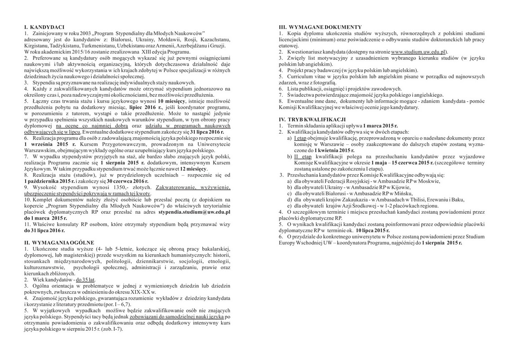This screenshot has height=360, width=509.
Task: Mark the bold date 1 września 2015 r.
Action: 44,144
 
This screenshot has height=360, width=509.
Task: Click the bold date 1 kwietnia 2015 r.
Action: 334,149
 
